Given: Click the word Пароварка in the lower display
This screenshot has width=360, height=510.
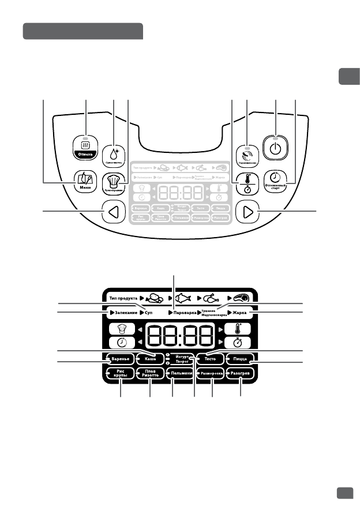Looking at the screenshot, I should point(183,312).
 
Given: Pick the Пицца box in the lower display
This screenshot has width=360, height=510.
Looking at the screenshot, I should point(241,359).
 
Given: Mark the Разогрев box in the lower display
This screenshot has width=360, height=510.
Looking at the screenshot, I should point(241,374).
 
